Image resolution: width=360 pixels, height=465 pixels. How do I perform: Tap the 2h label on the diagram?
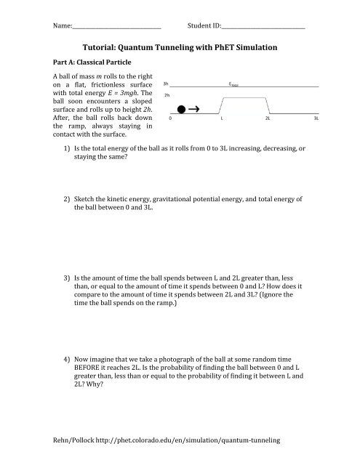167,95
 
